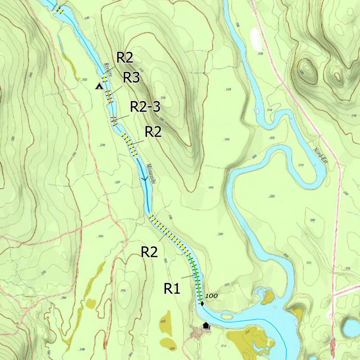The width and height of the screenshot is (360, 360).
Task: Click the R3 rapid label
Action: [131, 78]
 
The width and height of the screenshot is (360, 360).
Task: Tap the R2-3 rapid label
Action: [145, 107]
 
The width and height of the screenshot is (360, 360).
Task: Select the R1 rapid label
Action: [172, 289]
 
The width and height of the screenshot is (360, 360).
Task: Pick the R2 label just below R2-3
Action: [153, 132]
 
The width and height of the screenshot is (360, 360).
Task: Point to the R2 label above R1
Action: [149, 252]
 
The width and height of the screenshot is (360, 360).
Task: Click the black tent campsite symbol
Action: [99, 86]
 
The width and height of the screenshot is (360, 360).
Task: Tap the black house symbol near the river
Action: [206, 326]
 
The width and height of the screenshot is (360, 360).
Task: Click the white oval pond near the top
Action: [256, 39]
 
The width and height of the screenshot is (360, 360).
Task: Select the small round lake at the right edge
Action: [351, 328]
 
